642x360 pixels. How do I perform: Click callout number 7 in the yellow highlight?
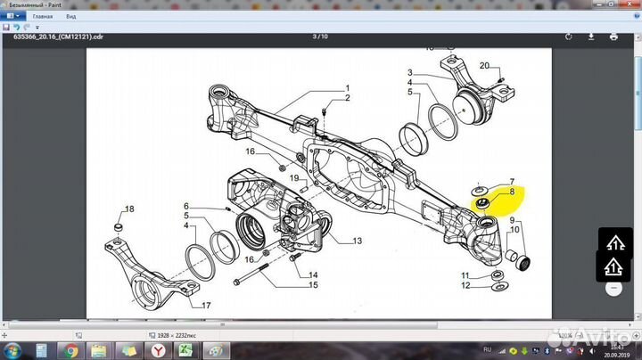click(512, 182)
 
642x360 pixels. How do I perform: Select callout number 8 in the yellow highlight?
click(512, 192)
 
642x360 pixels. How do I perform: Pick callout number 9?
click(512, 220)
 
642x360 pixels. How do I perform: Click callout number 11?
click(465, 274)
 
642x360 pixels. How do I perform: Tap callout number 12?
click(465, 286)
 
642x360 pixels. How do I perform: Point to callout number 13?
click(357, 241)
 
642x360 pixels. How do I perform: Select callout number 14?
click(313, 274)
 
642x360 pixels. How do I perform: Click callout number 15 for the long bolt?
click(313, 285)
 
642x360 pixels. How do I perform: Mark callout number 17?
click(206, 306)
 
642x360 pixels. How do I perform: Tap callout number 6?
click(186, 206)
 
